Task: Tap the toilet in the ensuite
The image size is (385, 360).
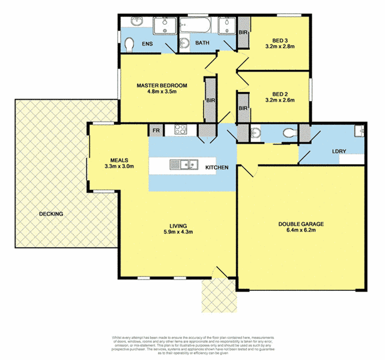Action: click(x=129, y=44)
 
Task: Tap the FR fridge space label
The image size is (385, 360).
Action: click(x=156, y=130)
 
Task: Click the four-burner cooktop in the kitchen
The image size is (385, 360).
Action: click(x=181, y=129)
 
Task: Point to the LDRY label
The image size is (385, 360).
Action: click(x=338, y=151)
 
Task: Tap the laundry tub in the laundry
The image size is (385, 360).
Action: click(x=359, y=132)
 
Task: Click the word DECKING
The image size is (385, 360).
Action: click(x=52, y=214)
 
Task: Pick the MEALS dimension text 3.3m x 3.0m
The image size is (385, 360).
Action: click(x=118, y=166)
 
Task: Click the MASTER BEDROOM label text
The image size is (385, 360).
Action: click(x=162, y=86)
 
